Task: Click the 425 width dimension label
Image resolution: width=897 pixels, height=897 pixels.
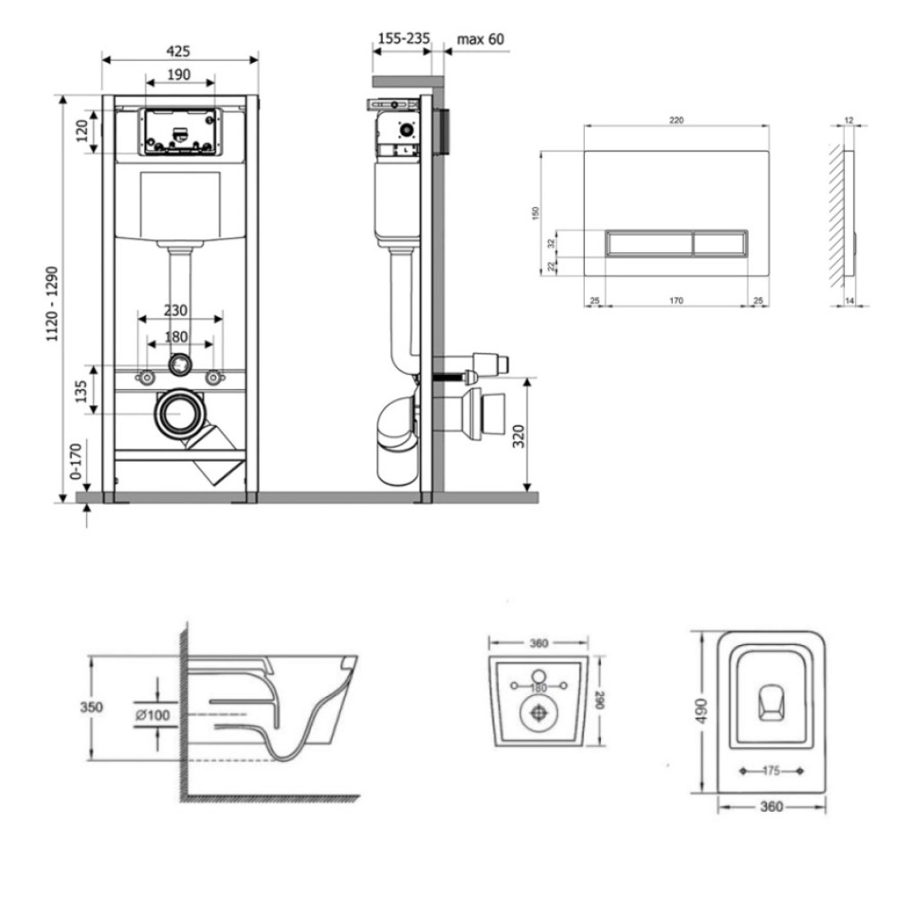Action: point(178,51)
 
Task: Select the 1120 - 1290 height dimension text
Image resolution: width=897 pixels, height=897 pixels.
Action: point(52,304)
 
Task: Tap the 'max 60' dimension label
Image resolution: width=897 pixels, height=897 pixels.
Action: point(481,39)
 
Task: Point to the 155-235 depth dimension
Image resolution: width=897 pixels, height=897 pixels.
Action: point(404,39)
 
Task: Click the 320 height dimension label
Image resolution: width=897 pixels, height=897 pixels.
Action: point(518,437)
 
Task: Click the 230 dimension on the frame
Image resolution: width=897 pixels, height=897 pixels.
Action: point(176,310)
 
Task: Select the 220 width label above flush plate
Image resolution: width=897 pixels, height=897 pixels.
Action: point(676,120)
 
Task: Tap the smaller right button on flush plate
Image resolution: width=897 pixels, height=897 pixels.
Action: point(720,244)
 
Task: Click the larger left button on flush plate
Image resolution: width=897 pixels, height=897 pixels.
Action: point(649,244)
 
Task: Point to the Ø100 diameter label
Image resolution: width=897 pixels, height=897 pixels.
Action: point(152,715)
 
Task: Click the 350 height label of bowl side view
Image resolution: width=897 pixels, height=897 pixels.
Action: point(91,707)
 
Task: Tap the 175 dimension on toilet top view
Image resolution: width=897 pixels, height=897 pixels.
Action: point(771,771)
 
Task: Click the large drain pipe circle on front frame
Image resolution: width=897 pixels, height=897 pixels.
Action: point(179,413)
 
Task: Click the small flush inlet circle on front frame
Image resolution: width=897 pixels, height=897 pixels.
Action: point(179,364)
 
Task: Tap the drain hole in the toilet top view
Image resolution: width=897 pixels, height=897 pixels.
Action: point(771,701)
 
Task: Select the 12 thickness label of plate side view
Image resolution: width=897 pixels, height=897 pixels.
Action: point(849,120)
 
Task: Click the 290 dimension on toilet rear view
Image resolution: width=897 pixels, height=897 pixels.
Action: point(599,701)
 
